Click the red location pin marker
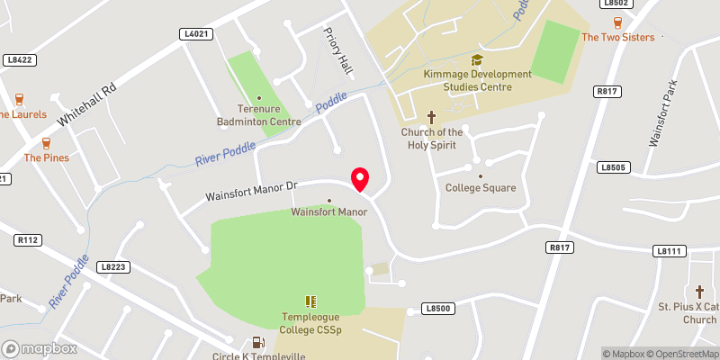[x=360, y=178]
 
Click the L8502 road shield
[x=616, y=4]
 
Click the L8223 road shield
[x=114, y=266]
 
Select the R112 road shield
[x=29, y=240]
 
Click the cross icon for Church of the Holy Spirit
[x=431, y=117]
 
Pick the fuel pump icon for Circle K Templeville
[x=258, y=342]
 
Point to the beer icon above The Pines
[x=46, y=143]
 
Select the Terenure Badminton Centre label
[x=259, y=115]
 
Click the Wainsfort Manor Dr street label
[x=250, y=189]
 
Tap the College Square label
[x=481, y=188]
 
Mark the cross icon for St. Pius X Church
[x=700, y=292]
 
